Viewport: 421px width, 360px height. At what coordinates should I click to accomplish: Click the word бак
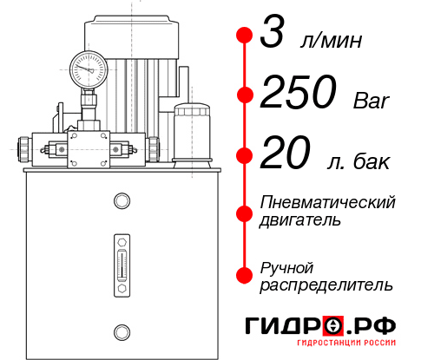pyautogui.click(x=371, y=161)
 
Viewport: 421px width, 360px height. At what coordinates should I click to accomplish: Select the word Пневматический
pyautogui.click(x=328, y=202)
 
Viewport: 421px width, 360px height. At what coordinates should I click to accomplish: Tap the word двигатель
pyautogui.click(x=300, y=220)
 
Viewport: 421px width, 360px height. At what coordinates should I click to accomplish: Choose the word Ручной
pyautogui.click(x=287, y=266)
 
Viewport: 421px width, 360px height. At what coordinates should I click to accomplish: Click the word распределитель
pyautogui.click(x=326, y=285)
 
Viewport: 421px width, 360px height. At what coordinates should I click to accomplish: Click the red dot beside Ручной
pyautogui.click(x=245, y=274)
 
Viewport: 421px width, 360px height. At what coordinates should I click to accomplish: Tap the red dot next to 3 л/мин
pyautogui.click(x=245, y=36)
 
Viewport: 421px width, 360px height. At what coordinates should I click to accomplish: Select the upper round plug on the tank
pyautogui.click(x=122, y=202)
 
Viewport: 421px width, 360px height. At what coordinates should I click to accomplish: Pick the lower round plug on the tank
pyautogui.click(x=122, y=331)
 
